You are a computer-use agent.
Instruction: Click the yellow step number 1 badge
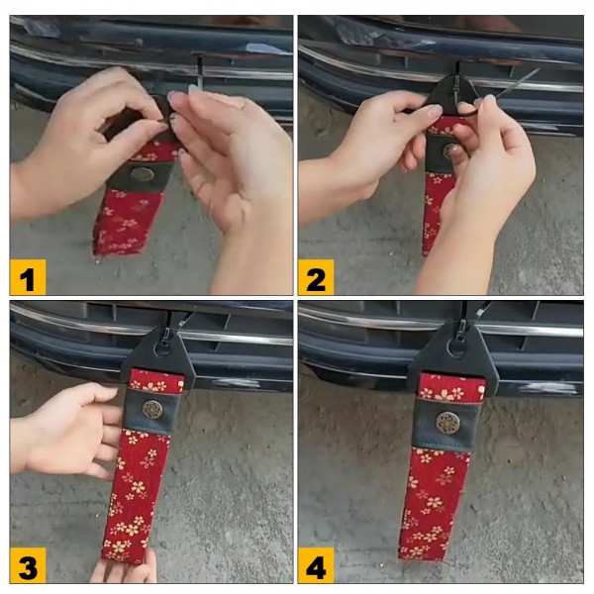point(28,277)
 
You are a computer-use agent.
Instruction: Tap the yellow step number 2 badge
point(316,277)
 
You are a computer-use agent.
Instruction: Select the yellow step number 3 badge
point(28,565)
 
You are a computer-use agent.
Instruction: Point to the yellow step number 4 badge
point(316,565)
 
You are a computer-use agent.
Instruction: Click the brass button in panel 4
point(445,422)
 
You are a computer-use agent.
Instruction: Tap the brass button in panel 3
point(152,409)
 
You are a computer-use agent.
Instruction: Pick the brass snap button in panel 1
point(142,174)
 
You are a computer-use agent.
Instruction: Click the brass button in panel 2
point(448,150)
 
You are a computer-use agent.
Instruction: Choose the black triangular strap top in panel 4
point(447,355)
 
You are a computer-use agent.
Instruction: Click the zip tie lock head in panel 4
point(461,327)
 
